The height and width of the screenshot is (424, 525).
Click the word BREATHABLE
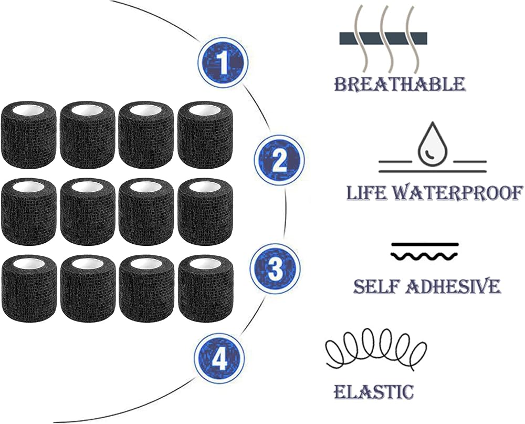400,84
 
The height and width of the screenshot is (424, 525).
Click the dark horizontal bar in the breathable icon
383,38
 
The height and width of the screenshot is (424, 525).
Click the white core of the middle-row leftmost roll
28,185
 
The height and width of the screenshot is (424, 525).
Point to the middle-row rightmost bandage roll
205,211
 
